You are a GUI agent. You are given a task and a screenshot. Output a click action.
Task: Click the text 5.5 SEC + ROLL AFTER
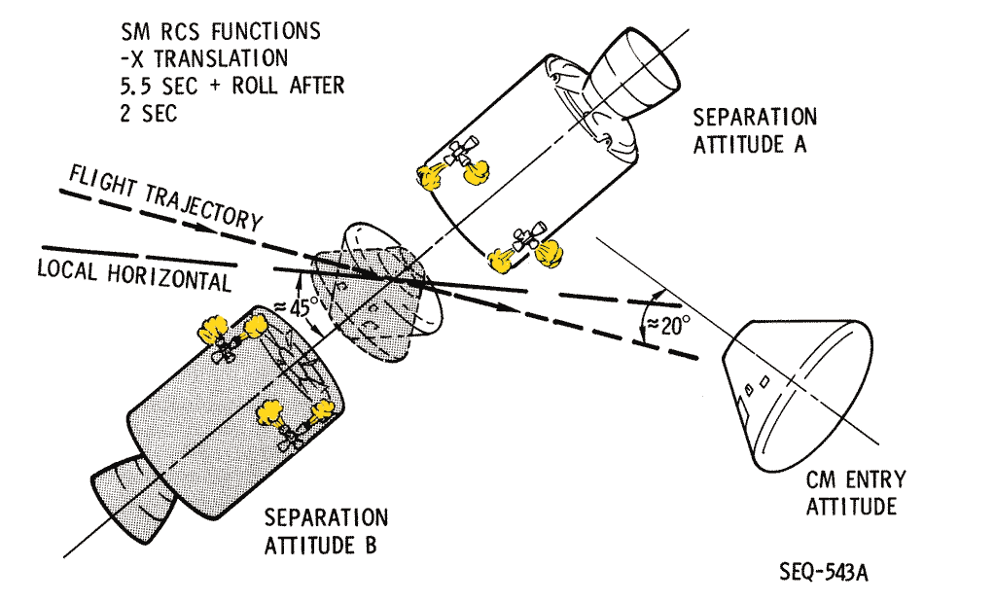(x=228, y=85)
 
